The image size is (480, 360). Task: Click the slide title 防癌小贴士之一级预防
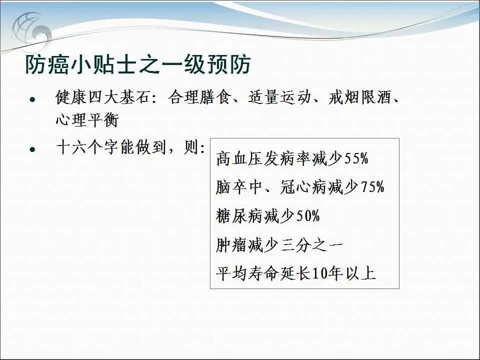point(138,64)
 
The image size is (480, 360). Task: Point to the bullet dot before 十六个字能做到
point(32,149)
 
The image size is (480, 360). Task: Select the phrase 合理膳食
point(199,97)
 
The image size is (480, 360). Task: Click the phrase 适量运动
point(279,97)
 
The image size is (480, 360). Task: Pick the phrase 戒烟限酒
point(360,97)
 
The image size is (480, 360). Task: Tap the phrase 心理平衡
point(87,119)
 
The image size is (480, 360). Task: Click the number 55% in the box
point(356,158)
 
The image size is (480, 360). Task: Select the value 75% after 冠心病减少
point(372,187)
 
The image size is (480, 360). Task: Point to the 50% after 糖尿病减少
point(308,216)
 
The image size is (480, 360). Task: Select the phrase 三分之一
point(311,245)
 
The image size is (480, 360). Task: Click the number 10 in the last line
point(320,273)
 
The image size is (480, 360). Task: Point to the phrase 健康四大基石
point(103,97)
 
